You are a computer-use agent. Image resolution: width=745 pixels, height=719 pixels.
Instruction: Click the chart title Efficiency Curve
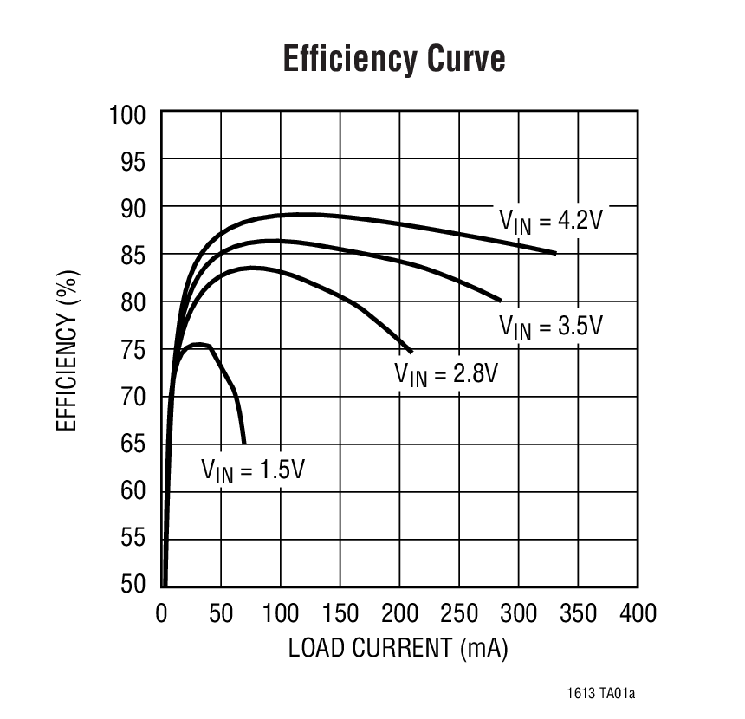coord(394,60)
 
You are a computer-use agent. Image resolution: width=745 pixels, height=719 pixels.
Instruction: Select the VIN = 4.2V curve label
coord(549,220)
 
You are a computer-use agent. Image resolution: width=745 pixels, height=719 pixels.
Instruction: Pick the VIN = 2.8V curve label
coord(446,375)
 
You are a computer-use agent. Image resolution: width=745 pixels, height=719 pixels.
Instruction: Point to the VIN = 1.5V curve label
coord(253,470)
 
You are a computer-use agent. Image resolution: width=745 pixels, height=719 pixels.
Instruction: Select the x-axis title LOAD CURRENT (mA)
coord(398,647)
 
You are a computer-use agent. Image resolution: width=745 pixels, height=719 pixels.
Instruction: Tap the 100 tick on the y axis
coord(127,113)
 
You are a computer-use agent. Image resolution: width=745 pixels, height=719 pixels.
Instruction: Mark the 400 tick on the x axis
coord(638,613)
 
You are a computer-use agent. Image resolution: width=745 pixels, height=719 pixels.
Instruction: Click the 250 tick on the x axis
coord(459,613)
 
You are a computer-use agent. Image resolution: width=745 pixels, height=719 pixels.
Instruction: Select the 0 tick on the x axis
coord(162,613)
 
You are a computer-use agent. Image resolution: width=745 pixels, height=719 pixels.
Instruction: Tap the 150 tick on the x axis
coord(340,613)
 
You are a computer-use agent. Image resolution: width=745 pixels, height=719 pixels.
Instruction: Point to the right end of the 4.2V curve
coord(555,253)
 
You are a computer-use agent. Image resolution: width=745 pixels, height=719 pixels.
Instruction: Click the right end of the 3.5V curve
coord(501,300)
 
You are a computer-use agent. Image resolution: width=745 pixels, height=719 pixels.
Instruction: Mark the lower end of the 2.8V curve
coord(411,352)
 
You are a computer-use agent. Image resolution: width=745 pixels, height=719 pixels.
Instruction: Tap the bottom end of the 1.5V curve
coord(244,443)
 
